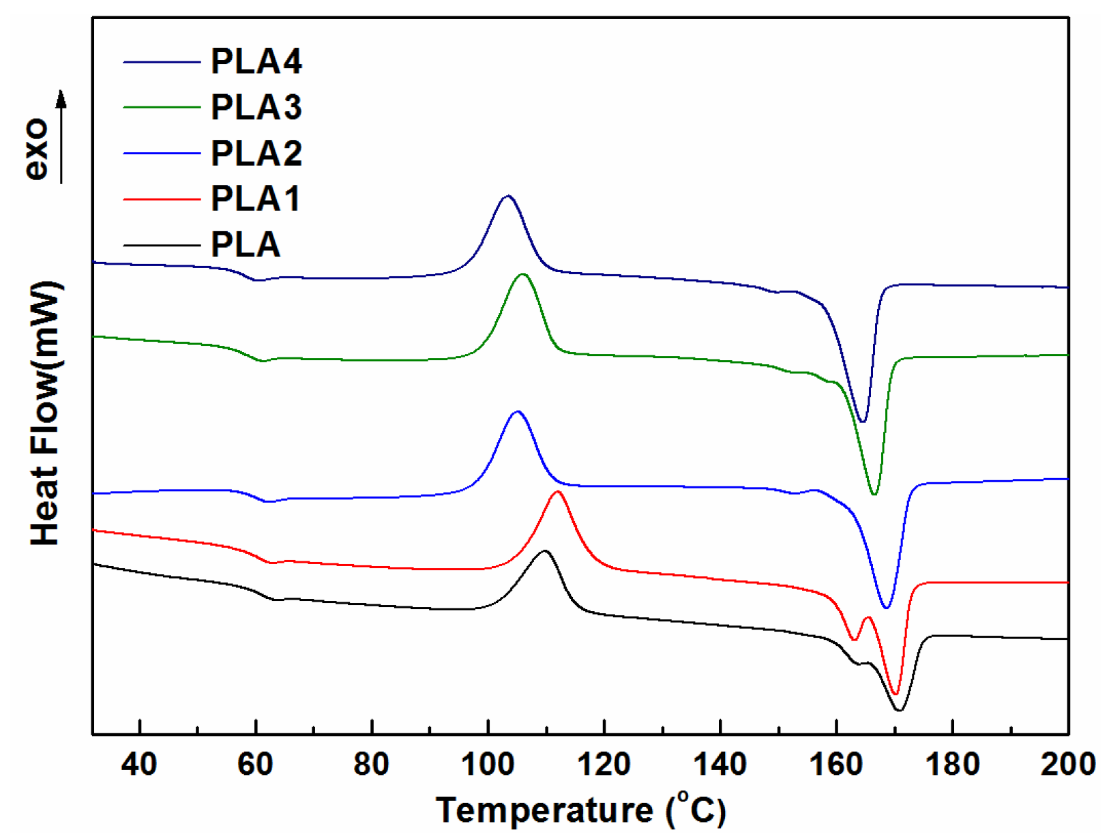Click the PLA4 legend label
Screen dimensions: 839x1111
[256, 61]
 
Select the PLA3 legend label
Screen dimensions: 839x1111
[256, 107]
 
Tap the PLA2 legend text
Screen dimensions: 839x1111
[256, 153]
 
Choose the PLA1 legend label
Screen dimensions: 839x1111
[256, 198]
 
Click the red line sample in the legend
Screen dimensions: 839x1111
[162, 199]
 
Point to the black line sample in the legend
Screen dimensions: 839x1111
[162, 245]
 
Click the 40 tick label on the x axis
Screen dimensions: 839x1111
[139, 764]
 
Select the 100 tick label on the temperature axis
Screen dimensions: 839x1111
[488, 764]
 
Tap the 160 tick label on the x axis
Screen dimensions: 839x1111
[835, 764]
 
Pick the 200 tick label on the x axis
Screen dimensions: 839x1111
[1067, 764]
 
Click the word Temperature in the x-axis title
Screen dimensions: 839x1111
[544, 810]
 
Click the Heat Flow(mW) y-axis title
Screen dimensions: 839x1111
[46, 413]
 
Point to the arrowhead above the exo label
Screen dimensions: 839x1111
[61, 99]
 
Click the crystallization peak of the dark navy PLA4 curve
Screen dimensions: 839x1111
[507, 196]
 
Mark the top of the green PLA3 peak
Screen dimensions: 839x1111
[523, 274]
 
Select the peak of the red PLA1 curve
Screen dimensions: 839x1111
[558, 492]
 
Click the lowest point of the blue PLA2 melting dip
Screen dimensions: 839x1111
[886, 607]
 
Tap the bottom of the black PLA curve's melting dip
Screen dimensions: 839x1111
[899, 710]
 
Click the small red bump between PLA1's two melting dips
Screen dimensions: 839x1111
[868, 618]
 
